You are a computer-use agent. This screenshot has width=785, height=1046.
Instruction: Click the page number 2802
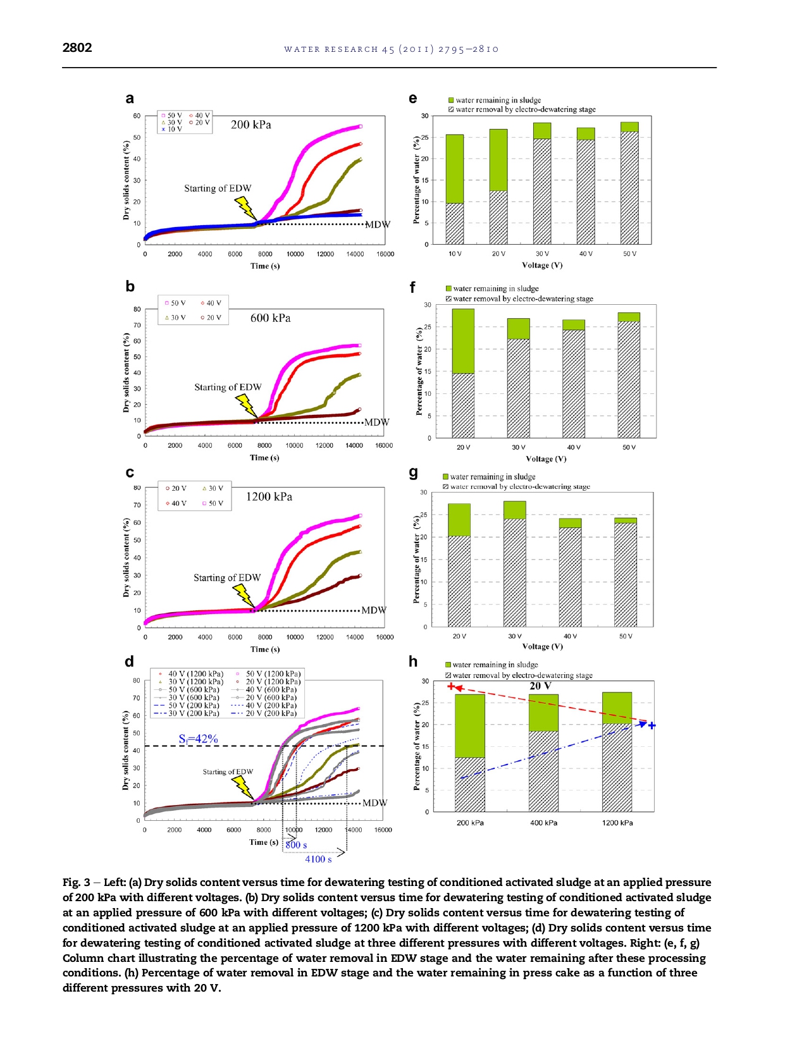click(x=77, y=48)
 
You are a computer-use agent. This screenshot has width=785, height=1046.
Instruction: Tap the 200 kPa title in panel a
click(x=250, y=125)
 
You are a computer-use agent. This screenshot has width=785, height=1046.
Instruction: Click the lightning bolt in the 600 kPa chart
click(x=246, y=405)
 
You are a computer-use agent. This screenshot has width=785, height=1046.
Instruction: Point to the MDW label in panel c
click(x=374, y=610)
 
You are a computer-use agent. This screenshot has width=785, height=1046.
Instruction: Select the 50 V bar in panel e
click(x=629, y=183)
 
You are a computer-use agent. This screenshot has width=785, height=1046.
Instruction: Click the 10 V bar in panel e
click(x=455, y=190)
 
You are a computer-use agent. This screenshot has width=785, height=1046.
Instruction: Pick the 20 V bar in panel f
click(x=463, y=373)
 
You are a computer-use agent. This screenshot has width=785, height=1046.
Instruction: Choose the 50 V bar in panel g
click(x=626, y=572)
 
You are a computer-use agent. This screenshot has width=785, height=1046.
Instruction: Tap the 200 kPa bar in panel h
click(x=470, y=753)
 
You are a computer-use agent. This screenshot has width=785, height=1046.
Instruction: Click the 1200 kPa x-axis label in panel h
click(x=617, y=823)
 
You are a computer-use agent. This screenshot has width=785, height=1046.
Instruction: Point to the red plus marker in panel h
click(x=451, y=687)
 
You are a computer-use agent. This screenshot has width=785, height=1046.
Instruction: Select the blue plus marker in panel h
click(x=652, y=725)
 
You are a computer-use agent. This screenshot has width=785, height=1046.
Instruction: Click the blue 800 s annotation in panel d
click(x=296, y=846)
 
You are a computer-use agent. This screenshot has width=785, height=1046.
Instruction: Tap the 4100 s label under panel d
click(x=318, y=859)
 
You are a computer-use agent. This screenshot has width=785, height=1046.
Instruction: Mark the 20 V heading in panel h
click(x=540, y=686)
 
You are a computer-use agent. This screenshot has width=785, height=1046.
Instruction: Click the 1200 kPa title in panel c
click(x=269, y=497)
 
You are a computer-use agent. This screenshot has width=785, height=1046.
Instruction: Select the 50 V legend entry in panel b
click(x=175, y=304)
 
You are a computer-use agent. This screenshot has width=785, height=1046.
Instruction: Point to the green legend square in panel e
click(x=451, y=101)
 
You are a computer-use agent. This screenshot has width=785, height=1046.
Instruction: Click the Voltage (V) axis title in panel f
click(x=546, y=459)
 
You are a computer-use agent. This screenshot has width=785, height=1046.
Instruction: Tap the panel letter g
click(x=414, y=472)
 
